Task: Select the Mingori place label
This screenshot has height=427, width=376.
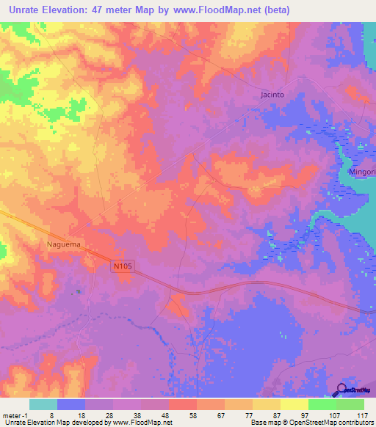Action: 359,172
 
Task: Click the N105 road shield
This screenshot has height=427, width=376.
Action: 123,268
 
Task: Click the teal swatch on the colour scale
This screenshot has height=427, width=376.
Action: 43,404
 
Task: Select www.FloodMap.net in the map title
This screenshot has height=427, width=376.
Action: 224,10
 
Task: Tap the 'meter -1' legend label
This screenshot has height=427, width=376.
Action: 15,415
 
